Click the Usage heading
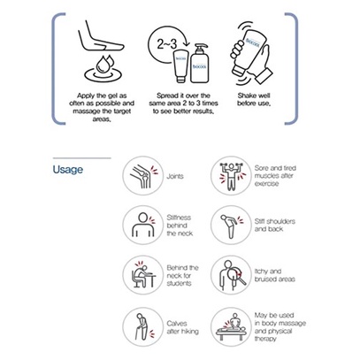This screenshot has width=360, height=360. pyautogui.click(x=68, y=170)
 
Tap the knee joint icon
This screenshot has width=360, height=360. pyautogui.click(x=142, y=176)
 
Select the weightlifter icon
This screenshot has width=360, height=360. pyautogui.click(x=231, y=176)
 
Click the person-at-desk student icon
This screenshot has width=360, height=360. pyautogui.click(x=142, y=275)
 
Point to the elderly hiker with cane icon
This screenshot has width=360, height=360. pyautogui.click(x=142, y=326)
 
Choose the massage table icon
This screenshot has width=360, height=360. pyautogui.click(x=231, y=326)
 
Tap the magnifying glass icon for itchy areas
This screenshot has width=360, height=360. pyautogui.click(x=231, y=275)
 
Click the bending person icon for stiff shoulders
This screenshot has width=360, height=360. pyautogui.click(x=231, y=225)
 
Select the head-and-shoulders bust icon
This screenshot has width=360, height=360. pyautogui.click(x=142, y=225)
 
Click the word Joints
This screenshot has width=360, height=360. pyautogui.click(x=175, y=176)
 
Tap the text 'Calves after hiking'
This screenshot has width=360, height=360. pyautogui.click(x=182, y=327)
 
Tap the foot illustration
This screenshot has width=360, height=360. pyautogui.click(x=100, y=36)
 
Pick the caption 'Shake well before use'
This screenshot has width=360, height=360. pyautogui.click(x=254, y=100)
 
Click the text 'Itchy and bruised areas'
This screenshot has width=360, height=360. pyautogui.click(x=274, y=275)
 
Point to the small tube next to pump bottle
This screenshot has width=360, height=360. pyautogui.click(x=180, y=66)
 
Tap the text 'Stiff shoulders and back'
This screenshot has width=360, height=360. pyautogui.click(x=275, y=226)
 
